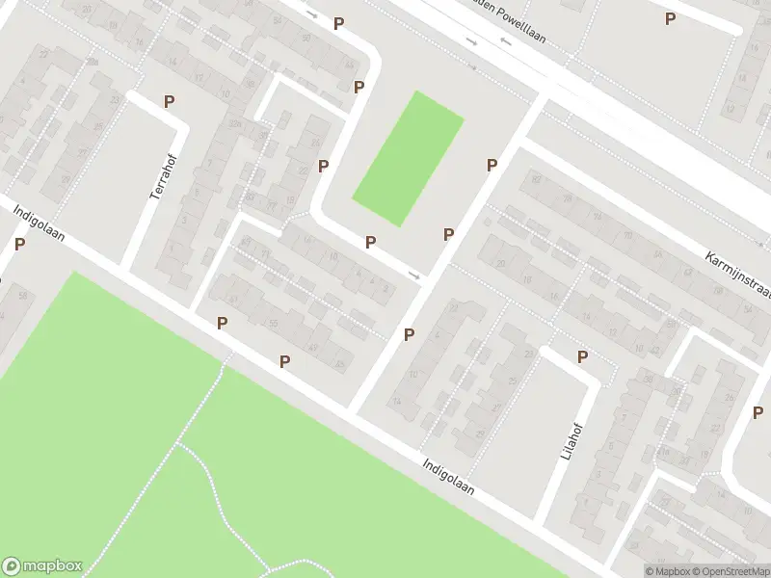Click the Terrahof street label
point(159,179)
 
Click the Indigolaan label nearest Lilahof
point(448,477)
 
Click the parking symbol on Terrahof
point(169,101)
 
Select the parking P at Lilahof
point(582,357)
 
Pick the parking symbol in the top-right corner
point(671,18)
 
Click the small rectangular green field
point(408,159)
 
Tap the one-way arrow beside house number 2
point(414,276)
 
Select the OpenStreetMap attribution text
point(731,571)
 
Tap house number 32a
point(234,123)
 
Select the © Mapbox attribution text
point(667,571)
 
